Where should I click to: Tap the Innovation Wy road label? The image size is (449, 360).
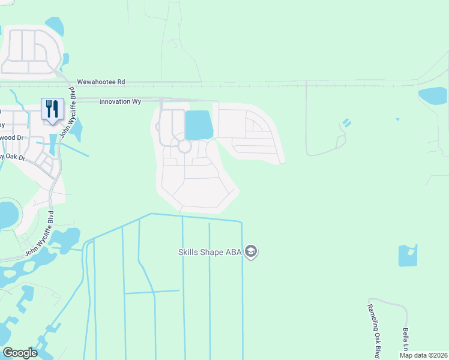tap(119, 101)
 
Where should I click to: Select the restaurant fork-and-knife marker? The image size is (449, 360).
tap(52, 109)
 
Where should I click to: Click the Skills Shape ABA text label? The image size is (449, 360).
tap(209, 252)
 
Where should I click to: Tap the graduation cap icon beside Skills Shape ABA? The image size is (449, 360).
tap(252, 251)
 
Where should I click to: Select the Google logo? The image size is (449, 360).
tap(20, 353)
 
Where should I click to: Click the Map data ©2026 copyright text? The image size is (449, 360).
tap(423, 355)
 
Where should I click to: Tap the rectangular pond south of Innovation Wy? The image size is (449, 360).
tap(199, 125)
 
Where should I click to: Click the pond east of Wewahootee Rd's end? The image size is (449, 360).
tap(433, 96)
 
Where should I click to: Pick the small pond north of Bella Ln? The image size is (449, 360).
tap(408, 255)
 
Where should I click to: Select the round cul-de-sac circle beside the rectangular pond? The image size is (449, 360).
tap(184, 146)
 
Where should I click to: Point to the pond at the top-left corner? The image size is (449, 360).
tap(55, 25)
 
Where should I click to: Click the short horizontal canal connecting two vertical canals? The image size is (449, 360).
tap(152, 292)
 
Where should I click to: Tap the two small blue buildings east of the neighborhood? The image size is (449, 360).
tap(345, 124)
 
